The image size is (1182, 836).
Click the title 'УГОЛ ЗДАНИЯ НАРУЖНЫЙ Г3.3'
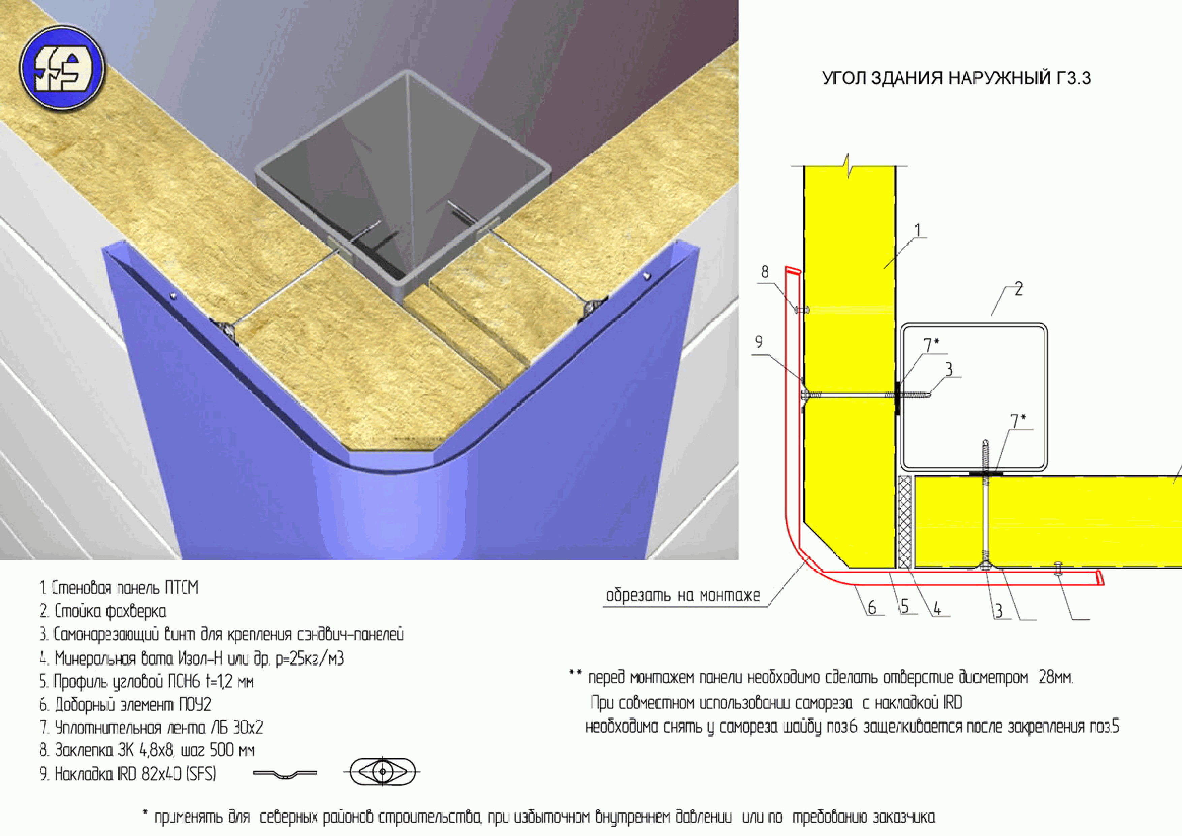pos(956,78)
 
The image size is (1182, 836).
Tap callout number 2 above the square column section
pos(1018,289)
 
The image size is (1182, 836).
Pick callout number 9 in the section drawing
pos(758,342)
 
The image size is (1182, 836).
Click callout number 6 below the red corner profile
pos(871,607)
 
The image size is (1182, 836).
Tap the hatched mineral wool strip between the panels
pos(904,521)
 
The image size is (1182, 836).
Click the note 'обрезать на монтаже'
pos(683,595)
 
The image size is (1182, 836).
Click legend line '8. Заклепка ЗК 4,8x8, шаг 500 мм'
pos(147,750)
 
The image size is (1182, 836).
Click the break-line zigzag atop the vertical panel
pos(849,166)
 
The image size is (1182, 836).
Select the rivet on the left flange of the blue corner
pos(174,295)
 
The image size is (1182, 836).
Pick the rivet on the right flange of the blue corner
pos(647,277)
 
